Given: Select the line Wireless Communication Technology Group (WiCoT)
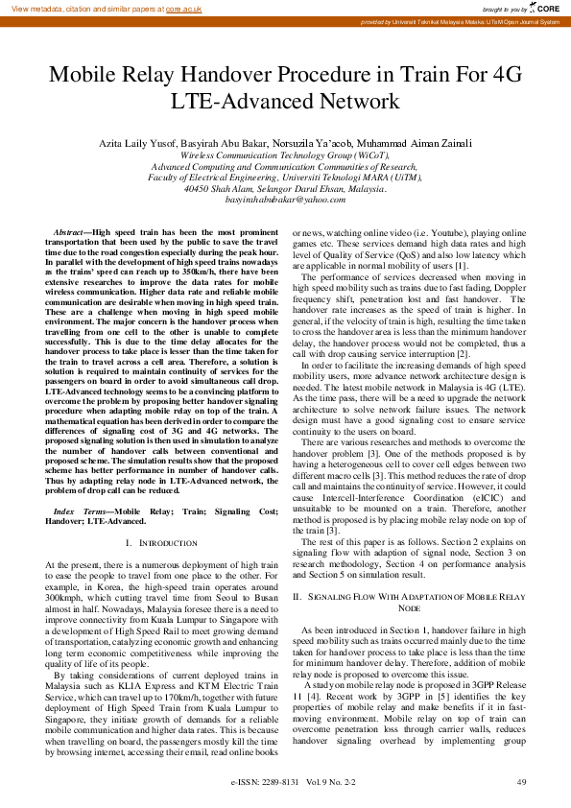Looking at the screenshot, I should tap(285, 154).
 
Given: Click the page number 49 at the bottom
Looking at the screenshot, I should tap(521, 783).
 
